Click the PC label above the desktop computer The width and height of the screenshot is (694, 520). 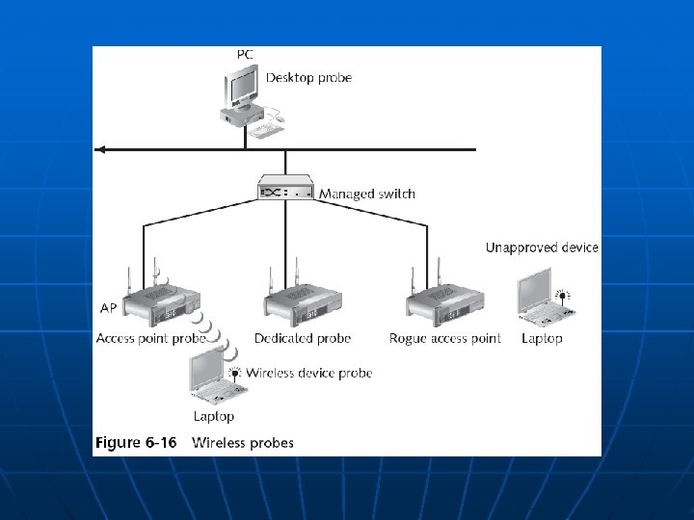[246, 55]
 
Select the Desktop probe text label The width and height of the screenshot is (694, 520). [308, 77]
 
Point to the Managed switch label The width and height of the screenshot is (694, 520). [367, 194]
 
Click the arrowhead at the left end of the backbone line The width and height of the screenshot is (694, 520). [98, 150]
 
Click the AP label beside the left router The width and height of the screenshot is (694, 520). [110, 309]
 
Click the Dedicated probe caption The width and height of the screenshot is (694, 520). [303, 338]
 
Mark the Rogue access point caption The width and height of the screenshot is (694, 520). [445, 338]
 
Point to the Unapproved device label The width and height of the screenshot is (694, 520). [542, 247]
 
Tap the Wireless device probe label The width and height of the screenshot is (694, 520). [309, 373]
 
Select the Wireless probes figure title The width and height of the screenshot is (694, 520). [244, 443]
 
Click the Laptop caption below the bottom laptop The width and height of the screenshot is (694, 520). [214, 416]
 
